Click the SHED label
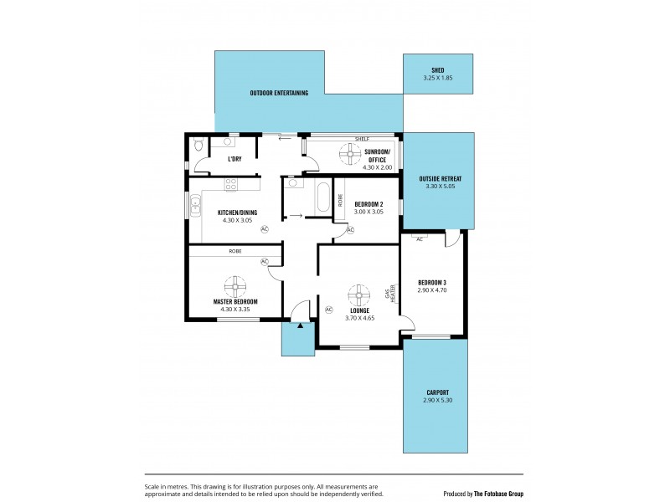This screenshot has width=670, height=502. coord(438,70)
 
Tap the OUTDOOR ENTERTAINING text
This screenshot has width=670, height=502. coord(279,93)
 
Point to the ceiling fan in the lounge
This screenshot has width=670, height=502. coord(359,294)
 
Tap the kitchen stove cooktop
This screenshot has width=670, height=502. coord(231,185)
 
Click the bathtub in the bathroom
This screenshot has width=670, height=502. coord(322,197)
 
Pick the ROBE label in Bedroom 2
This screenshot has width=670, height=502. coord(341,200)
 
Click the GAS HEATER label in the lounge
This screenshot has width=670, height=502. coord(389,291)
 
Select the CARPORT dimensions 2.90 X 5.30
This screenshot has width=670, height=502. coord(438,401)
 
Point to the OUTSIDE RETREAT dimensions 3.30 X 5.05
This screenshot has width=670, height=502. coord(439,187)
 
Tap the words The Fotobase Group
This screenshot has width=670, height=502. coord(499,494)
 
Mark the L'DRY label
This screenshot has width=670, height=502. coord(235,158)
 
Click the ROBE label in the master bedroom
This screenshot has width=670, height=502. coord(235,250)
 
